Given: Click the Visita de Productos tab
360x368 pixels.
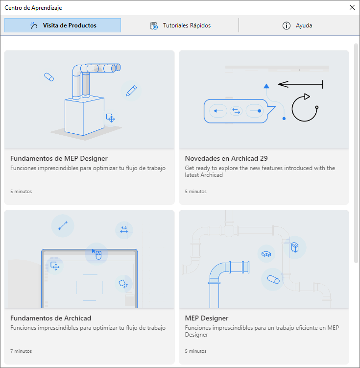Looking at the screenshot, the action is click(63, 25).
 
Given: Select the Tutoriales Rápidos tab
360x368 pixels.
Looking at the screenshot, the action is click(180, 25).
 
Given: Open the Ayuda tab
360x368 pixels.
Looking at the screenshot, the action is click(297, 25).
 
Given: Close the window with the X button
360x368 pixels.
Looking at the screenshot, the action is click(352, 7).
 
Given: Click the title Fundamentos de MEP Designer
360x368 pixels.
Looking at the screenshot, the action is click(59, 158).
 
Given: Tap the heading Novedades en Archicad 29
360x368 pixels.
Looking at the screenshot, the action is click(226, 158).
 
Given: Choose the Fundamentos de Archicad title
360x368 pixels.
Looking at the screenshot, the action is click(50, 318).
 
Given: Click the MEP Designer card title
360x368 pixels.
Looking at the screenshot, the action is click(207, 318).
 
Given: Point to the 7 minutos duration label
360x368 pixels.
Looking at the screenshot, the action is click(21, 351).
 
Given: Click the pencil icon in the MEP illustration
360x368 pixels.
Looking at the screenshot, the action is click(131, 91).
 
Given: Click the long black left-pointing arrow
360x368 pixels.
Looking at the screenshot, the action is click(301, 84).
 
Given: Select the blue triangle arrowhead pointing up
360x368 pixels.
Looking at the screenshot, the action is click(266, 86).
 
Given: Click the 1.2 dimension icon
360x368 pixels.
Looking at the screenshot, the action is click(124, 229).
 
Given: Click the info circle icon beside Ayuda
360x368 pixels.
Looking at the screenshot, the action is click(287, 25).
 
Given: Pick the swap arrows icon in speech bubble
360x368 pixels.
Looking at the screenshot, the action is click(236, 111).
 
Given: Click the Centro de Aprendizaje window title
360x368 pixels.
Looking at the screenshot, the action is click(33, 8).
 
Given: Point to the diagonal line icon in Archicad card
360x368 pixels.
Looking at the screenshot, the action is click(63, 226).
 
